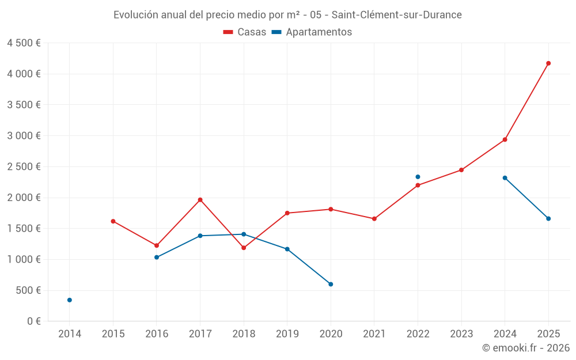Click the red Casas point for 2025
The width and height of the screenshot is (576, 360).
click(548, 63)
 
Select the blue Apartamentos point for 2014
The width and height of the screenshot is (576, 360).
click(70, 300)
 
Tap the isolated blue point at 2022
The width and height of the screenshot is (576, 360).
click(418, 177)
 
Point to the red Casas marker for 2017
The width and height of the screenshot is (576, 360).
click(200, 200)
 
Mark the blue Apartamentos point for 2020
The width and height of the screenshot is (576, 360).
click(331, 284)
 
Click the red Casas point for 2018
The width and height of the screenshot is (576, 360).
click(244, 248)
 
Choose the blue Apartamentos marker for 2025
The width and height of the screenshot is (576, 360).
click(548, 219)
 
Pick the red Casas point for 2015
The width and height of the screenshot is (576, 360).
click(113, 221)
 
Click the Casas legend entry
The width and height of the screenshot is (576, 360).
click(245, 32)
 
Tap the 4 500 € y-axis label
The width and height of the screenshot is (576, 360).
click(24, 43)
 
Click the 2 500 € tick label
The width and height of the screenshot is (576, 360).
click(24, 167)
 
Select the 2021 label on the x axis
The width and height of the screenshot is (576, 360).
click(374, 334)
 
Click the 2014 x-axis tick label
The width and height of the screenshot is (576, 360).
click(70, 334)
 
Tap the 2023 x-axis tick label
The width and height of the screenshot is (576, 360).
click(461, 334)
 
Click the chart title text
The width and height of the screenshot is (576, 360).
click(287, 15)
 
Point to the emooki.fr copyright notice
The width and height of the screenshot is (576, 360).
click(525, 348)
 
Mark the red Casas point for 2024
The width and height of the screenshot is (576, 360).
click(505, 139)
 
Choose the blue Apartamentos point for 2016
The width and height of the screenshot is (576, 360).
click(157, 257)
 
